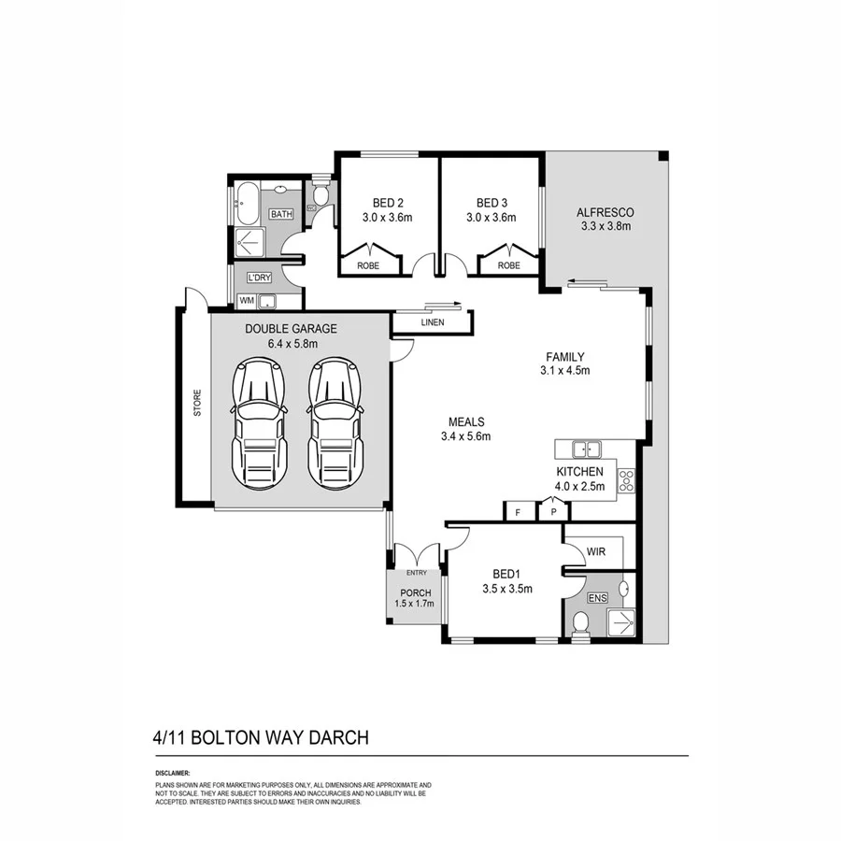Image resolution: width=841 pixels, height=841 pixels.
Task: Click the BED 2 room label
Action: click(388, 203)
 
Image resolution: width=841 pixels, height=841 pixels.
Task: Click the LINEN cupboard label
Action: click(432, 323)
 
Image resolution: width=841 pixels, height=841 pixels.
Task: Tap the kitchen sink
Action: click(588, 448)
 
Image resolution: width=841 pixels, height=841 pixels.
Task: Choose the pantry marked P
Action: click(553, 512)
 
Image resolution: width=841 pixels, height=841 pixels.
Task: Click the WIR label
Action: click(597, 552)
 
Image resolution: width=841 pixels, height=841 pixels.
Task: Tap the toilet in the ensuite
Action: click(580, 621)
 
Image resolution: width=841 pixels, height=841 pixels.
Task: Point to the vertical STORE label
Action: click(197, 406)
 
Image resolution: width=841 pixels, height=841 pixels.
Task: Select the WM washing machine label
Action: click(246, 301)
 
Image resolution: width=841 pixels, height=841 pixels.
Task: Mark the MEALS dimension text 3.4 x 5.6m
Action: click(466, 435)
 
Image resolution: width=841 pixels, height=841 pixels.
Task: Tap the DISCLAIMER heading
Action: click(173, 774)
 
